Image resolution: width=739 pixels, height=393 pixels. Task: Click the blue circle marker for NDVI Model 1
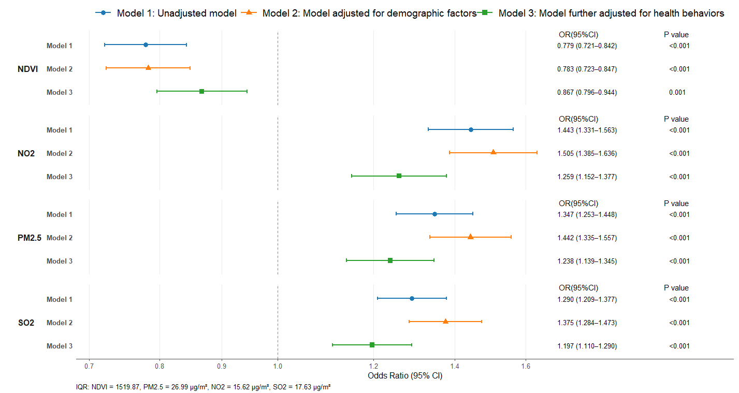(x=146, y=45)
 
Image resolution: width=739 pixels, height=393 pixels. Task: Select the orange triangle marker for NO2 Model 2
(x=493, y=152)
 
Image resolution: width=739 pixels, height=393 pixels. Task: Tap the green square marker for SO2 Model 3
(x=372, y=345)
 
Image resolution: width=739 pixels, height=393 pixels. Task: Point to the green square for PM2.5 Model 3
(x=390, y=260)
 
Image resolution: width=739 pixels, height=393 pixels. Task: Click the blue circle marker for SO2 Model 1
(x=412, y=298)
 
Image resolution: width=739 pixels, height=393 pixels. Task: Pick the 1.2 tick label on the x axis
(x=373, y=366)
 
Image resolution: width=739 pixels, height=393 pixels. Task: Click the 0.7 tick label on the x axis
(x=89, y=366)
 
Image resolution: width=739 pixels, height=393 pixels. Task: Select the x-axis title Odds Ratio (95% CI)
(x=405, y=376)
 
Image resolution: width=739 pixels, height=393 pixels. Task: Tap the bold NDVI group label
(x=28, y=69)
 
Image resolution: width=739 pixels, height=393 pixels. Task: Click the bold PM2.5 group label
(x=30, y=238)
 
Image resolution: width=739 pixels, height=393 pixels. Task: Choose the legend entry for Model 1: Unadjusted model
(x=166, y=13)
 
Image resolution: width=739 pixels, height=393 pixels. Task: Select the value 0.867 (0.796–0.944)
(x=587, y=92)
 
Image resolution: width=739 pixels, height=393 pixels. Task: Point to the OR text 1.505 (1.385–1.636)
(x=587, y=153)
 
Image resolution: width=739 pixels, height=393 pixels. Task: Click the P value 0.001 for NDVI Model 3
(x=677, y=92)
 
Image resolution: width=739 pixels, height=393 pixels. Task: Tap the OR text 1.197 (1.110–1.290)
(x=587, y=346)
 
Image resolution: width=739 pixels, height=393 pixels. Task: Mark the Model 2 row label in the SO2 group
(x=60, y=323)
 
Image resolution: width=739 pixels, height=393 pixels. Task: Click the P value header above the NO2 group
(x=676, y=119)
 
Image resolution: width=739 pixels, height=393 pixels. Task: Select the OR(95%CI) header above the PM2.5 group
(x=578, y=203)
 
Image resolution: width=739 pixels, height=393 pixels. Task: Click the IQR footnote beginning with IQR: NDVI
(x=203, y=387)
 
